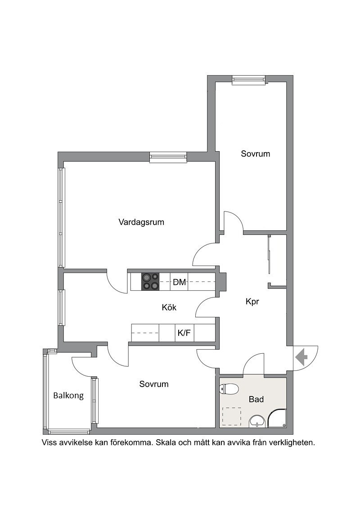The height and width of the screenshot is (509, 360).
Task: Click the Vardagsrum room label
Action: click(141, 222)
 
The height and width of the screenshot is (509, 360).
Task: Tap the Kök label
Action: click(169, 307)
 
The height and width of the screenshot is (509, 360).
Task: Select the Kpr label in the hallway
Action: click(252, 302)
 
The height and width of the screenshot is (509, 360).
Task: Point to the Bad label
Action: click(256, 399)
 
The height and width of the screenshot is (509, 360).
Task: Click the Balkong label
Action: click(68, 396)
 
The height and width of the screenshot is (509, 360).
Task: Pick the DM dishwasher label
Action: click(180, 282)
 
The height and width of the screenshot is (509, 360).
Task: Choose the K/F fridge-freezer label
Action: click(184, 333)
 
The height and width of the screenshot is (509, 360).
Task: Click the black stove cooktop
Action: click(150, 282)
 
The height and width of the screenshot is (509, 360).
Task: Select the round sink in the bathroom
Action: click(258, 422)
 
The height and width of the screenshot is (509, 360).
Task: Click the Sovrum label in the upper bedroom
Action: click(256, 153)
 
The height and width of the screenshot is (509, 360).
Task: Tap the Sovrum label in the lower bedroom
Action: click(154, 384)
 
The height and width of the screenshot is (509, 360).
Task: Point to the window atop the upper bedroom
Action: click(249, 81)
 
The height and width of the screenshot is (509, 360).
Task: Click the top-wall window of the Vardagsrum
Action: click(168, 158)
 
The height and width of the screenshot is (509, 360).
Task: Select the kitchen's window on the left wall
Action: click(61, 307)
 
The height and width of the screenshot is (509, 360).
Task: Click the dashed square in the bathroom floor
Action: click(232, 417)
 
